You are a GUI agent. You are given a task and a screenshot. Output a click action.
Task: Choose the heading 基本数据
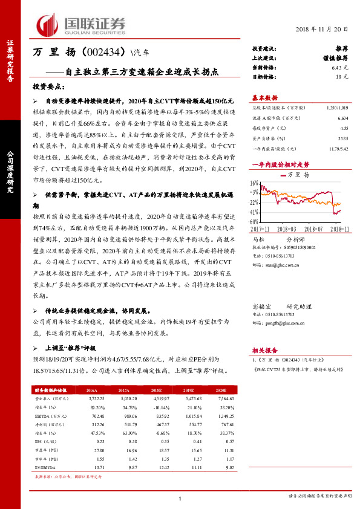point(265,97)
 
